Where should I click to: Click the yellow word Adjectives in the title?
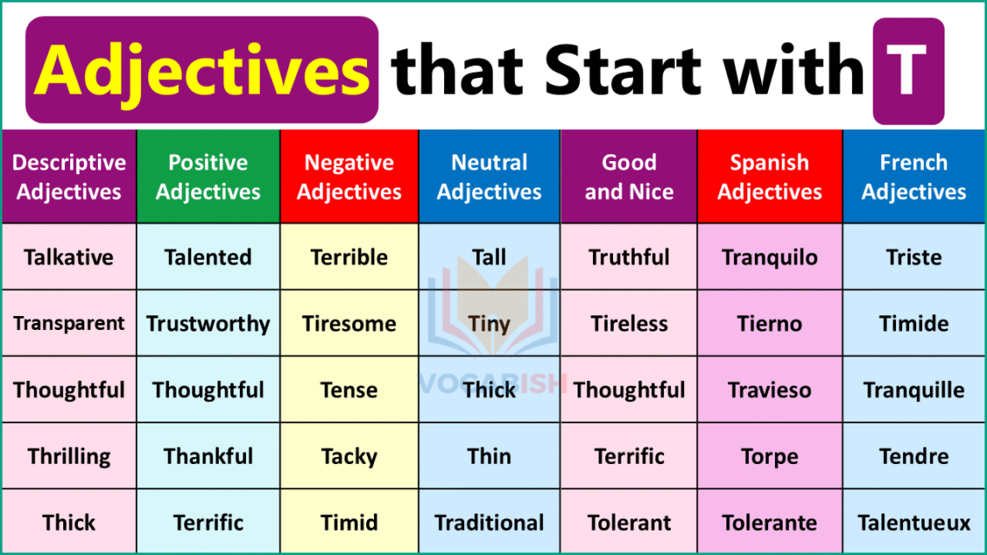click(202, 71)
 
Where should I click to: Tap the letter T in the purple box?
click(907, 71)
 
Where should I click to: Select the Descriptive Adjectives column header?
click(69, 177)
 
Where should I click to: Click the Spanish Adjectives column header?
click(769, 177)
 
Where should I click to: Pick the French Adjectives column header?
click(913, 177)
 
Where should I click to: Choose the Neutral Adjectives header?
click(489, 177)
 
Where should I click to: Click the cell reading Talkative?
click(69, 257)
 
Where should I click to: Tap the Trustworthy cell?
click(208, 324)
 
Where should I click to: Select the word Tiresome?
click(349, 324)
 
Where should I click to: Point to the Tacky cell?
click(349, 456)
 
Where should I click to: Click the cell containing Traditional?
click(489, 523)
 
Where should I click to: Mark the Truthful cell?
click(629, 257)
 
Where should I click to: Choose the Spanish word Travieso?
click(769, 390)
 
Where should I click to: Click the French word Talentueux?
click(913, 523)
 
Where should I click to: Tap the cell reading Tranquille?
click(913, 390)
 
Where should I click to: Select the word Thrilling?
click(69, 456)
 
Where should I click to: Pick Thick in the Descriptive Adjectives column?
click(69, 523)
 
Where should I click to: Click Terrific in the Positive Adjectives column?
click(208, 523)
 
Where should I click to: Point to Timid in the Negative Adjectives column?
click(349, 523)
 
